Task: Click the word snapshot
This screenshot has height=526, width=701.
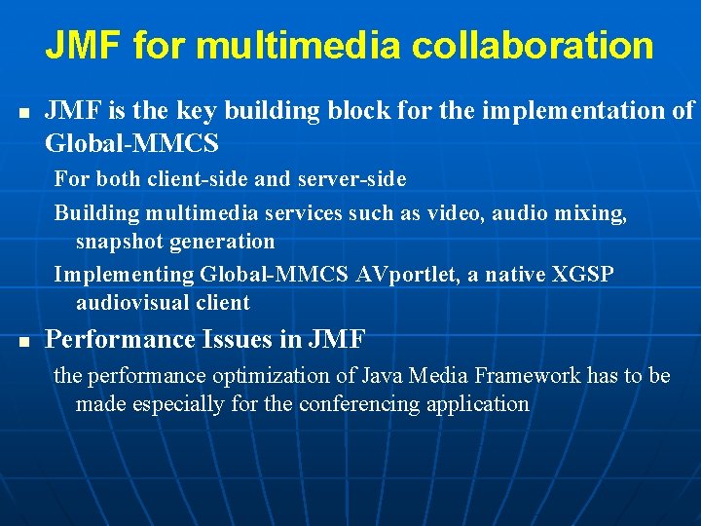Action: pyautogui.click(x=122, y=241)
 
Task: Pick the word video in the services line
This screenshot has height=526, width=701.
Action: pyautogui.click(x=436, y=213)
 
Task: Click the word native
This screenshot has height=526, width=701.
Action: pyautogui.click(x=502, y=275)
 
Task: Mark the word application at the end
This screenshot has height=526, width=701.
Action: pyautogui.click(x=478, y=403)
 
